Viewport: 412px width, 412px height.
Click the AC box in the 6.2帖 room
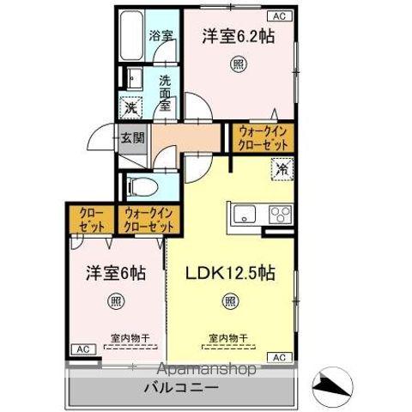pyautogui.click(x=280, y=15)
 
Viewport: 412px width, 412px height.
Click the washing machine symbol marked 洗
pyautogui.click(x=130, y=107)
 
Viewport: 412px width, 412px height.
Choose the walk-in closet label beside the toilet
pyautogui.click(x=148, y=220)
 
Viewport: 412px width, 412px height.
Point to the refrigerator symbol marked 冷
pyautogui.click(x=281, y=168)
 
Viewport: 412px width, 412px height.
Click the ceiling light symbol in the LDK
pyautogui.click(x=230, y=300)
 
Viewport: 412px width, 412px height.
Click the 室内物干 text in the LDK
pyautogui.click(x=227, y=337)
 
